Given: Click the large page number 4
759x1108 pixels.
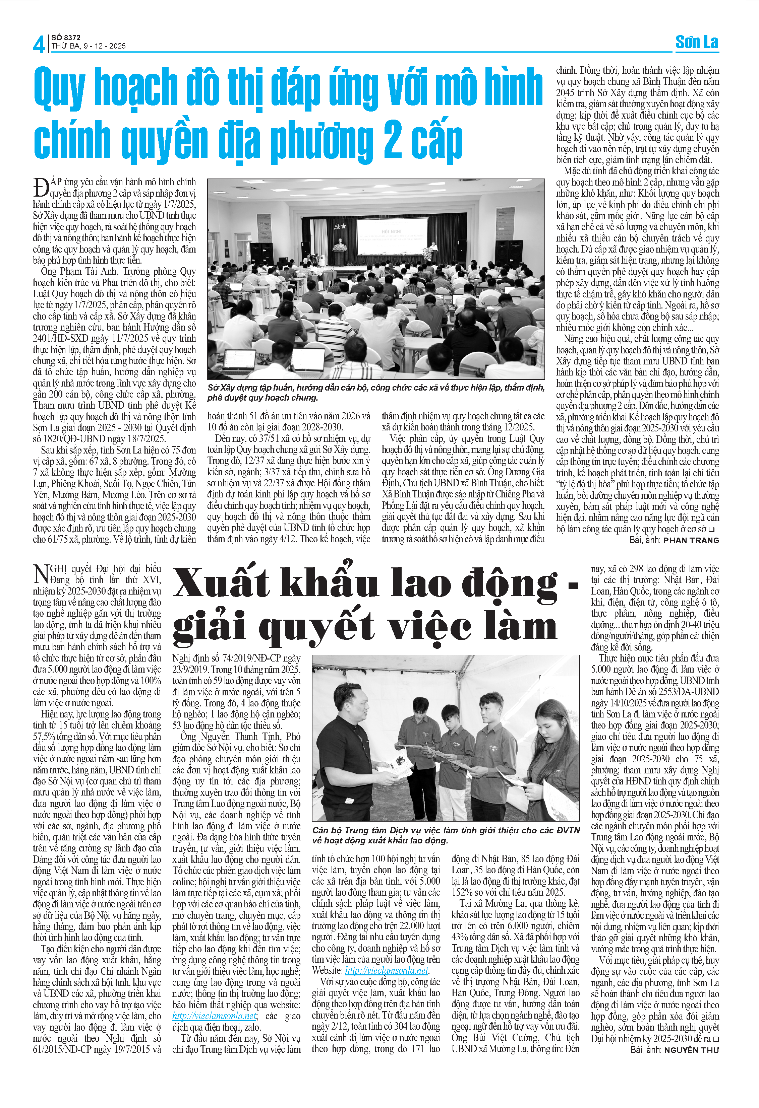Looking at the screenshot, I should click(x=38, y=45).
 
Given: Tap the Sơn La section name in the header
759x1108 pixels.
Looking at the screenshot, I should click(x=697, y=43).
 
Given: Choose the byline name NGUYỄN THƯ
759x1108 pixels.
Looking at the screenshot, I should click(x=691, y=1050).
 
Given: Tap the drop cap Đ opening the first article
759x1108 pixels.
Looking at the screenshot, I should click(x=41, y=187).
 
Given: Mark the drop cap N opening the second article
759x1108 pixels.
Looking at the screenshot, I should click(x=42, y=573).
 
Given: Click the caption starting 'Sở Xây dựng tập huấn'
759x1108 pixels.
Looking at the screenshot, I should click(x=375, y=392).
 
